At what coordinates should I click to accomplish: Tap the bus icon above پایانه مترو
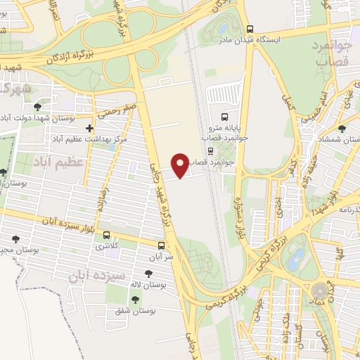coord(224,117)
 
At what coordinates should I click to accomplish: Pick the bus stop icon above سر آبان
coord(162,246)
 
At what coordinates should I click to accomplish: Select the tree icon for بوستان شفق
coord(135,300)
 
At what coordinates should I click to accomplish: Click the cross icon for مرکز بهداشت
coord(89,129)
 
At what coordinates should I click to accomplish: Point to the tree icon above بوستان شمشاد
coord(342,129)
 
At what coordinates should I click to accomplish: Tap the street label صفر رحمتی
coord(119,110)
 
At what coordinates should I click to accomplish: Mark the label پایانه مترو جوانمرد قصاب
coord(225,134)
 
